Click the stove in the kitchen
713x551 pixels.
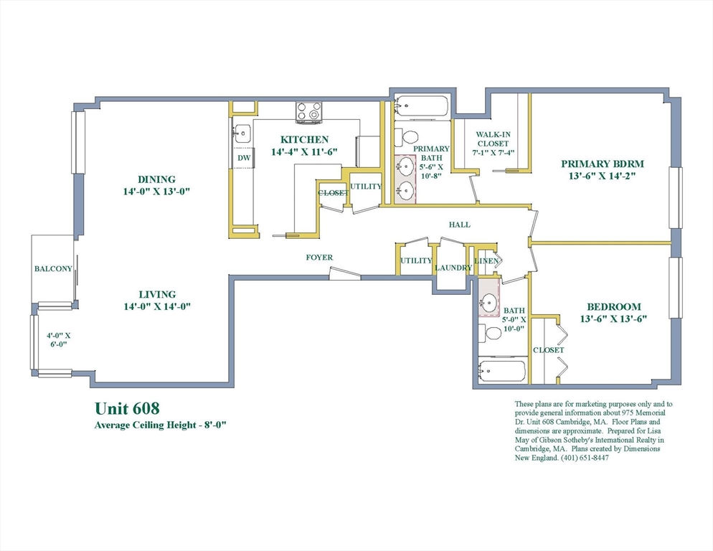coord(309,113)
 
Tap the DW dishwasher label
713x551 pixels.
coord(244,159)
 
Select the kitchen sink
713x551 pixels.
coord(242,133)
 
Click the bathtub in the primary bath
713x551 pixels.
coord(422,108)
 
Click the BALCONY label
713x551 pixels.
coord(53,269)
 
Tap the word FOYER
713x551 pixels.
coord(319,258)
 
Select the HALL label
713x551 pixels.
coord(459,225)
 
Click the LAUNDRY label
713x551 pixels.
coord(453,268)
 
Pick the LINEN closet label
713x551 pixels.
coord(486,261)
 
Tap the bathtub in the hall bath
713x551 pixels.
coord(502,372)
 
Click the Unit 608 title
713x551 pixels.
coord(128,408)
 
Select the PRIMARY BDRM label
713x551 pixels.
coord(602,164)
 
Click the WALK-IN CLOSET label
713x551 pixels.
coord(494,138)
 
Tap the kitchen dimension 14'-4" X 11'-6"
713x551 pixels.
coord(304,152)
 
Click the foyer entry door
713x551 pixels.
coord(345,274)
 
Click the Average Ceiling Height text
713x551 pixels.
coord(161,425)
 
